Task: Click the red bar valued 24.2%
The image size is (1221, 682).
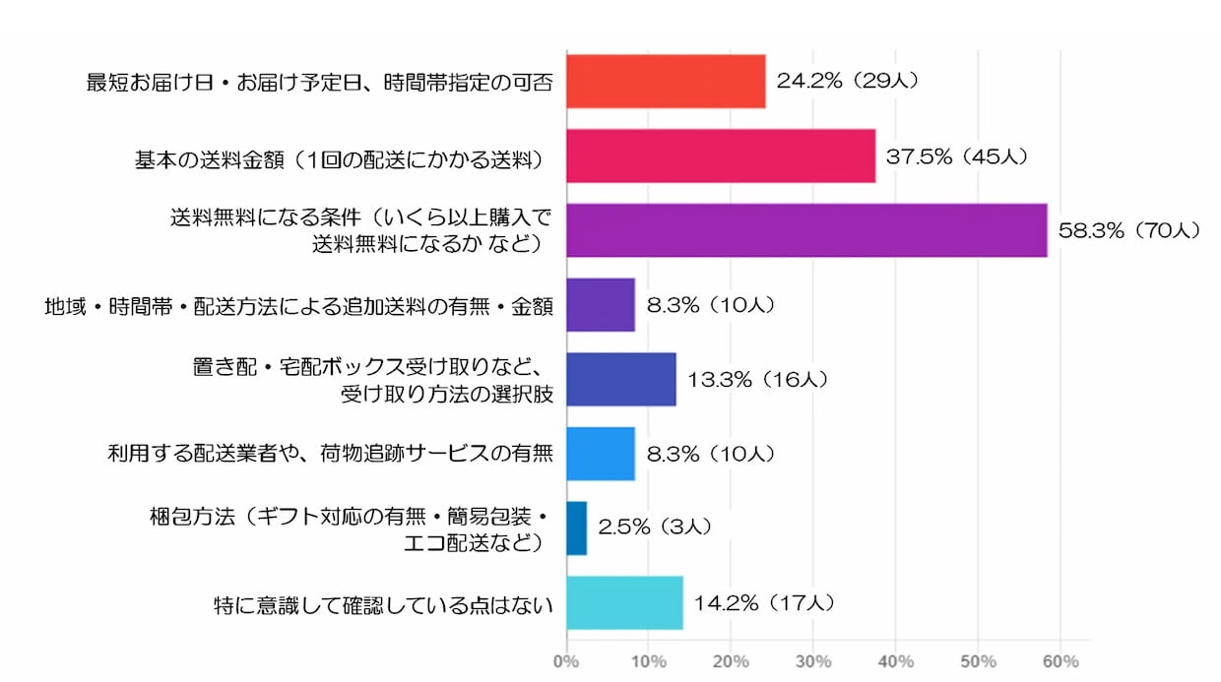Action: click(666, 81)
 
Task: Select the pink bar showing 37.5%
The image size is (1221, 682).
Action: click(721, 155)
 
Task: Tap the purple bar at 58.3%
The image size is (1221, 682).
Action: click(806, 230)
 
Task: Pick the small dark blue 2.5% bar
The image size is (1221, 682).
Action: click(577, 528)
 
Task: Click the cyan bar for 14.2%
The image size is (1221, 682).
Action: click(624, 602)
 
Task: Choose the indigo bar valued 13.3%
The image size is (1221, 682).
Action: click(621, 379)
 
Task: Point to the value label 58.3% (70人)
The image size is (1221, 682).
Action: click(1128, 230)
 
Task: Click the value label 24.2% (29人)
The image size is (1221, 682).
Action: click(848, 81)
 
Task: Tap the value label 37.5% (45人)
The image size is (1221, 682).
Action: click(957, 156)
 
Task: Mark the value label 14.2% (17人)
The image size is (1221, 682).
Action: click(764, 602)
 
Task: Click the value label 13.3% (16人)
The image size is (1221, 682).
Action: click(757, 379)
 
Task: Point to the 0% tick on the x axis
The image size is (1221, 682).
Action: click(566, 660)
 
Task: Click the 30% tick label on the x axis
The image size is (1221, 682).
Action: click(813, 660)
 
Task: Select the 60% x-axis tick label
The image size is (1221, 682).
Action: click(1060, 660)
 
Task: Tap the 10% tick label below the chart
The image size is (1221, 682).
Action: click(649, 660)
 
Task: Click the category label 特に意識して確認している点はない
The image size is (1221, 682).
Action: click(383, 603)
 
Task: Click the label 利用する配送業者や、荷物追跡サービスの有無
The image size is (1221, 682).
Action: click(330, 455)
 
